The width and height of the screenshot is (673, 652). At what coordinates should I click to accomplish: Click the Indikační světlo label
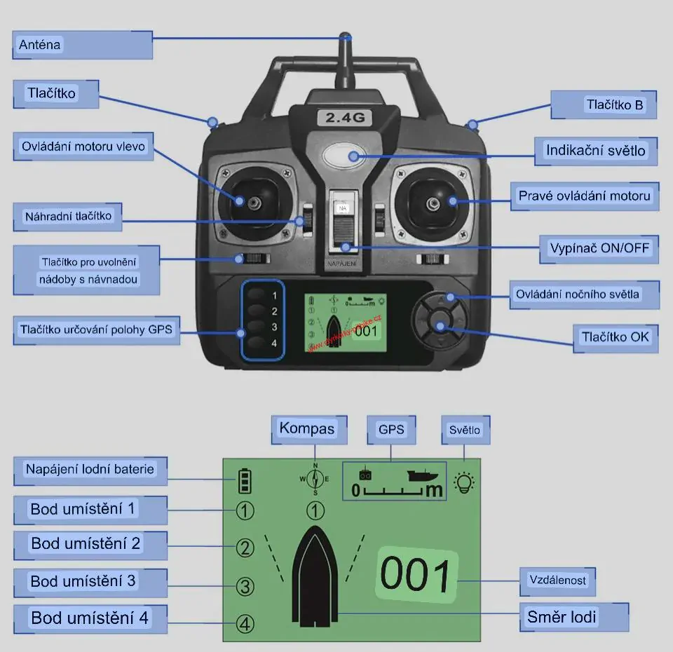(x=596, y=151)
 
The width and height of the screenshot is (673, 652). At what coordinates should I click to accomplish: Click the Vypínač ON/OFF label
(x=599, y=248)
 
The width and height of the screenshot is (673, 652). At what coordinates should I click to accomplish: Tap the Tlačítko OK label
(x=615, y=337)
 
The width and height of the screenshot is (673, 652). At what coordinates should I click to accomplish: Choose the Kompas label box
(x=308, y=428)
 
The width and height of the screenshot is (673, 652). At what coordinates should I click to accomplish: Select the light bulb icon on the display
(x=464, y=482)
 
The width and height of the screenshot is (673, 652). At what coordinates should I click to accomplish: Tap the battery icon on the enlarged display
(x=245, y=481)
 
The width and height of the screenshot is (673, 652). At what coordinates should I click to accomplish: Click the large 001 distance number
(x=416, y=576)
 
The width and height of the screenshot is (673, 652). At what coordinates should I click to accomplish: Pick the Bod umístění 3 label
(x=83, y=581)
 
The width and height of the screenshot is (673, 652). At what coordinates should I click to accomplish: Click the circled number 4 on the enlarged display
(x=245, y=623)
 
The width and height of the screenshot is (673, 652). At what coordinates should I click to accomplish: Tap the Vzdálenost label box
(x=557, y=580)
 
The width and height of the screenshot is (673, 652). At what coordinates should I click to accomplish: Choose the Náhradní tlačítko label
(x=67, y=216)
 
